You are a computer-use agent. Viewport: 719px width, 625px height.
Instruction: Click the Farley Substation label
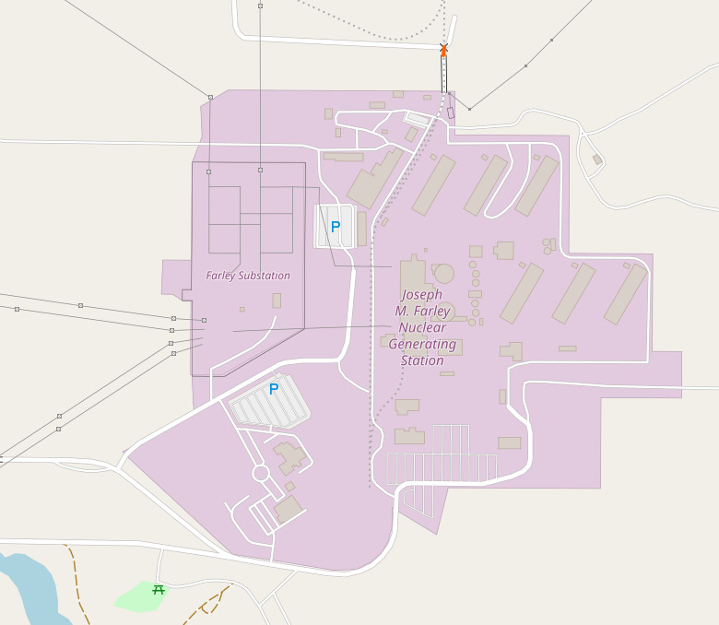(x=248, y=276)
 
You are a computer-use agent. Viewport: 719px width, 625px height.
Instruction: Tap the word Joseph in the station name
(x=421, y=295)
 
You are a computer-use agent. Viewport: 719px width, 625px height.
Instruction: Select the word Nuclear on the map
(x=422, y=328)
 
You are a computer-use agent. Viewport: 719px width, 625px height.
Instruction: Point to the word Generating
(x=422, y=345)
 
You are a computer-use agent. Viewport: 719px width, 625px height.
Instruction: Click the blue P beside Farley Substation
(x=336, y=226)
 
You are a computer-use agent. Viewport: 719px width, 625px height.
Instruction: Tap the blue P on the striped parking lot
(x=274, y=389)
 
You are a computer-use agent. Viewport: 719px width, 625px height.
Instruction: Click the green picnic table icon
(x=158, y=590)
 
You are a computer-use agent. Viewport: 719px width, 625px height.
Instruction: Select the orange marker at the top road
(x=443, y=50)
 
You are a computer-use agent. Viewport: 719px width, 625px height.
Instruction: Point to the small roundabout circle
(x=261, y=473)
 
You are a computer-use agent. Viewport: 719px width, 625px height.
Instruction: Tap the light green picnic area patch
(x=138, y=596)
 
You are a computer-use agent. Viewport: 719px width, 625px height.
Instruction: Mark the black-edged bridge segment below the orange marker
(x=443, y=74)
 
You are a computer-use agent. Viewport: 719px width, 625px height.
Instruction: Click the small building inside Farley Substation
(x=277, y=301)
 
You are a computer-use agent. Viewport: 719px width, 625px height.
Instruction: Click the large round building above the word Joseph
(x=444, y=273)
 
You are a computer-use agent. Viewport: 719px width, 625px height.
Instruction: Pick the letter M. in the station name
(x=402, y=312)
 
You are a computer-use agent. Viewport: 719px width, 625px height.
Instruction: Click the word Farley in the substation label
(x=221, y=276)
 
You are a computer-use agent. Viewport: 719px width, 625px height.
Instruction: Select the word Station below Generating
(x=422, y=361)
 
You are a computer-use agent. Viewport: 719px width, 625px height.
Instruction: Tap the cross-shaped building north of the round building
(x=503, y=250)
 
